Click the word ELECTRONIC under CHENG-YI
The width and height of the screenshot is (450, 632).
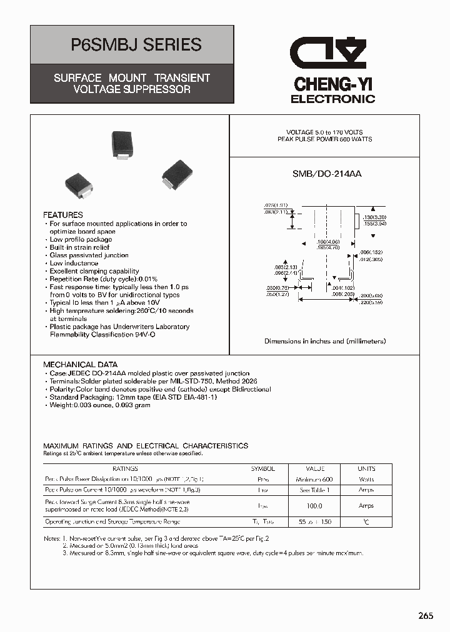(x=332, y=99)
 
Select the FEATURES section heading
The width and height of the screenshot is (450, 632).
(x=63, y=215)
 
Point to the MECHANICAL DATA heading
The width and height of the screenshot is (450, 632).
(x=80, y=365)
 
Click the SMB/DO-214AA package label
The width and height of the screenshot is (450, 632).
(x=327, y=174)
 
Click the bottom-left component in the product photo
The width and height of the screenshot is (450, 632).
(x=79, y=185)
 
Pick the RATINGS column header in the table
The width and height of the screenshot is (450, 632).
(x=125, y=468)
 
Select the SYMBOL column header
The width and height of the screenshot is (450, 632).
(x=263, y=468)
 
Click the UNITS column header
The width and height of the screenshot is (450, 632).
(x=366, y=468)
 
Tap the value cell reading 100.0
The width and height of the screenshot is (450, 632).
(x=314, y=506)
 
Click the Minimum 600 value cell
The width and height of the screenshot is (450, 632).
(x=314, y=480)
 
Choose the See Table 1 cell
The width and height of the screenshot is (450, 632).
(x=314, y=490)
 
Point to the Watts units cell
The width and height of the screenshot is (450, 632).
(x=366, y=480)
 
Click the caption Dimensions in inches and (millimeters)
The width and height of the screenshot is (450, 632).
(x=325, y=341)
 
